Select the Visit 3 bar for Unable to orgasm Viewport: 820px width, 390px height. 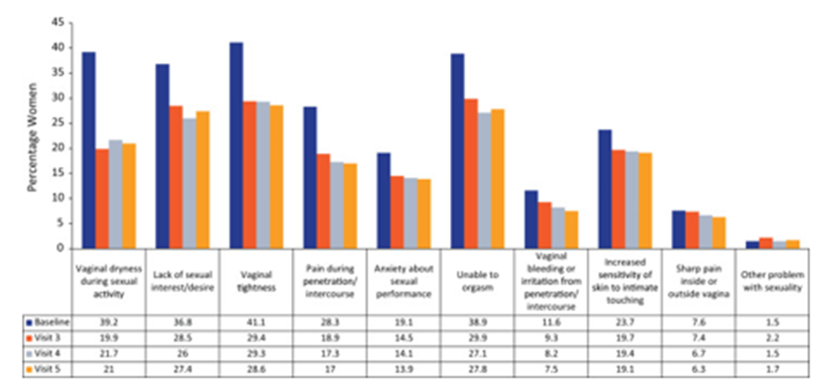470,173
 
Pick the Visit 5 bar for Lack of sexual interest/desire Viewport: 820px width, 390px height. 204,180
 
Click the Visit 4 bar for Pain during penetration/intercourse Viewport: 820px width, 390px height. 337,205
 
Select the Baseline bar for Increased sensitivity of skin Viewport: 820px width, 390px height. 605,189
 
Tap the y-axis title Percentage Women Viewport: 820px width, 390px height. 31,135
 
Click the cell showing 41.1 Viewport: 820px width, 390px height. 258,323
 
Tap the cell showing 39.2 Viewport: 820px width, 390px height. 108,323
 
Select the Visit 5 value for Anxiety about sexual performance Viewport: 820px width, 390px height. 407,370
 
